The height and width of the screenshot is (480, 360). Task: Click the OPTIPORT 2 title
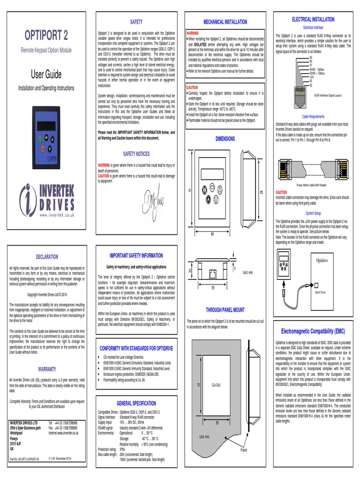[45, 36]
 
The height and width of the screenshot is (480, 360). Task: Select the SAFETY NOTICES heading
[136, 154]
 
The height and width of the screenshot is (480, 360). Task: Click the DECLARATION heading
[47, 257]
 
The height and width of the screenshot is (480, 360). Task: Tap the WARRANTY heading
[47, 369]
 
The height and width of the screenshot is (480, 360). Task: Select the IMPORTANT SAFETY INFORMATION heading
[136, 255]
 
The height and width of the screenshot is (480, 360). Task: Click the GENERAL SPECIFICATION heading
[136, 403]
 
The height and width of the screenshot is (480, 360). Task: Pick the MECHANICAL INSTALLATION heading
[225, 22]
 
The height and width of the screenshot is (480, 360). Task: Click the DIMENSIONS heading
[225, 139]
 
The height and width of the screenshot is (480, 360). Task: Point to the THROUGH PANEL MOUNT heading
[225, 310]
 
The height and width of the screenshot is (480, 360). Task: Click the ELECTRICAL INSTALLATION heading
[313, 19]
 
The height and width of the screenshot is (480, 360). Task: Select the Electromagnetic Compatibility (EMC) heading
[313, 331]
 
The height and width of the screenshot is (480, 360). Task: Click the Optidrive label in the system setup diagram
[322, 260]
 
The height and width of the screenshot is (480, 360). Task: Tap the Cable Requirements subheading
[313, 116]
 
